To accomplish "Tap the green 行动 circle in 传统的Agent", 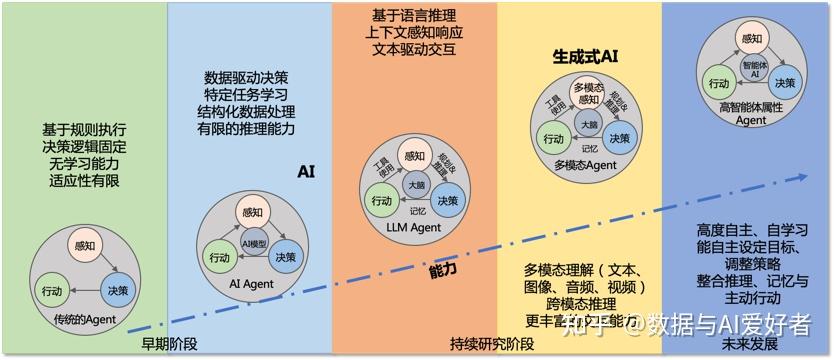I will click(52, 291).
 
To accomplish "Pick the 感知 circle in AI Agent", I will click(254, 213).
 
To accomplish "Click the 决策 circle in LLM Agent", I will click(447, 202).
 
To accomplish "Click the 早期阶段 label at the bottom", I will click(170, 344).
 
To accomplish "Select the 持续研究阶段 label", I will click(492, 344).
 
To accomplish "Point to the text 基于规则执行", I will click(84, 130).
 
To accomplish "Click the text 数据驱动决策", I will click(246, 76).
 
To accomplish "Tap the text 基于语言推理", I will click(412, 16).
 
